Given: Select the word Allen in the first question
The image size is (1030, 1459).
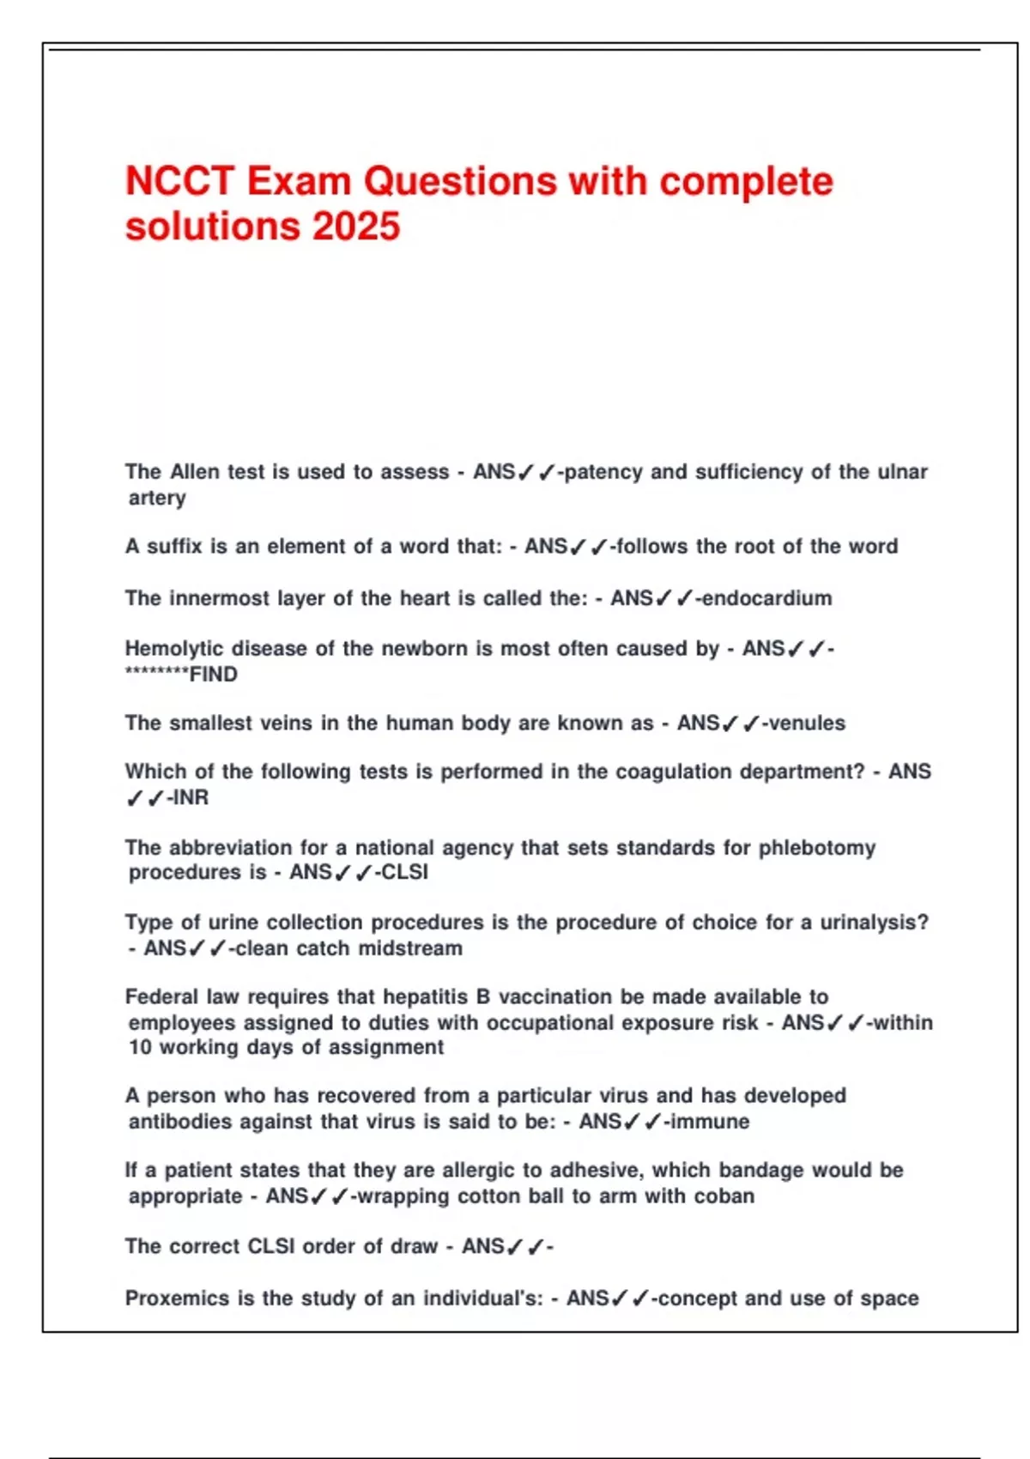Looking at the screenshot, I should [x=195, y=472].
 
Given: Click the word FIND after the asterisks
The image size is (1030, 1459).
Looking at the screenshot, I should [x=214, y=675].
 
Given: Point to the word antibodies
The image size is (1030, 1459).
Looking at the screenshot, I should [x=180, y=1122].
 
